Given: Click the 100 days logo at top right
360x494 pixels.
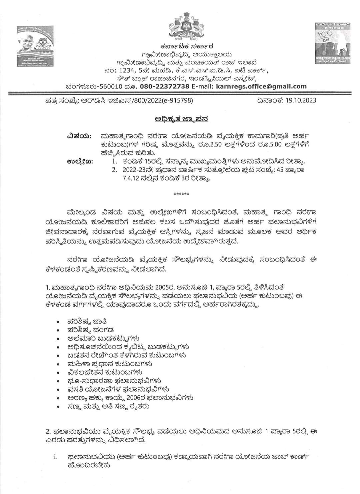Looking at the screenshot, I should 329,43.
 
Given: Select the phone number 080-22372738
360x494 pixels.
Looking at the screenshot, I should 165,86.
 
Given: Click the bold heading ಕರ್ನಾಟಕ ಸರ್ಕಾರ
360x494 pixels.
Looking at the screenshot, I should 186,46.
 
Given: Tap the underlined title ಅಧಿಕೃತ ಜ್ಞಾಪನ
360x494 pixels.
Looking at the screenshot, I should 182,119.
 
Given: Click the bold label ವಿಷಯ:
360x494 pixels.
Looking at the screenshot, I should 79,136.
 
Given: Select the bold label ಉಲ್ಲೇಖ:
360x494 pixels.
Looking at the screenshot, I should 80,161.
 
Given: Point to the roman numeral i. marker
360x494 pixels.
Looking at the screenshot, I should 55,457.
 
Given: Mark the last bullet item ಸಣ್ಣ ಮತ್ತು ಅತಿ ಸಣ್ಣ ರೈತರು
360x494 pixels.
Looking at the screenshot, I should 108,406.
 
